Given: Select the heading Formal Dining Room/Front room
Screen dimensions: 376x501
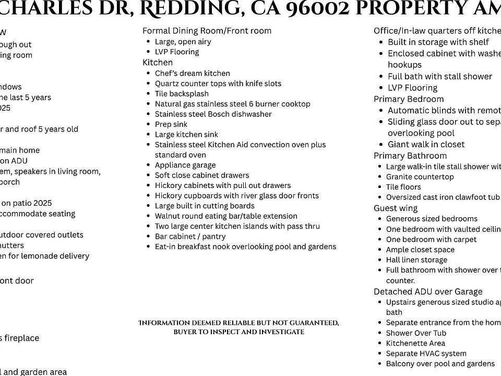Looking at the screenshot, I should (x=207, y=31).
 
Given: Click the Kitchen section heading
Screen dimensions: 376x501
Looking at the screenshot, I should (x=158, y=62).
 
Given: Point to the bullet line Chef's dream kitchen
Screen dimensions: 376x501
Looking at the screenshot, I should (x=192, y=73).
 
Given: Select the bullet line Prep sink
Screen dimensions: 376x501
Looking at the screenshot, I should (x=171, y=124).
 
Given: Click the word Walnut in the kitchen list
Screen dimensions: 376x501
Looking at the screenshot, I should (x=168, y=216).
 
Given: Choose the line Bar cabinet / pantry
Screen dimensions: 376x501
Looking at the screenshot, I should (x=190, y=236).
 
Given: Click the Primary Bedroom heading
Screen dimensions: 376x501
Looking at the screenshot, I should (x=409, y=99).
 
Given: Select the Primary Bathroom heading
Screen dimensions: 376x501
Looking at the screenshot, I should (x=410, y=156).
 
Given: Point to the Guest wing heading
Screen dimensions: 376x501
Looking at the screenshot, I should (x=396, y=208).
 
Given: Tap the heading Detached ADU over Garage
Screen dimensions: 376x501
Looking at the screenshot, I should (x=428, y=291).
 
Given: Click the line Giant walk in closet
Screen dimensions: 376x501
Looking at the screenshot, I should (x=426, y=144).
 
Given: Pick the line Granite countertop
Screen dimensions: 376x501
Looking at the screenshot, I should (x=420, y=177).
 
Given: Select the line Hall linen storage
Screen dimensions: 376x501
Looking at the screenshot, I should (x=416, y=260).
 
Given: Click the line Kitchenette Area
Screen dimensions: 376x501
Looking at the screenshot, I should (x=415, y=343).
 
